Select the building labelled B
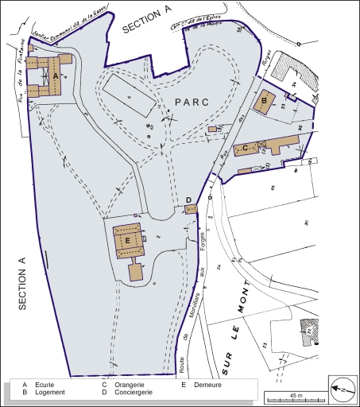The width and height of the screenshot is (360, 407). pyautogui.click(x=265, y=101)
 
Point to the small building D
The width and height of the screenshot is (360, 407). pyautogui.click(x=191, y=208)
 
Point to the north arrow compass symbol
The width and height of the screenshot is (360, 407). pyautogui.click(x=339, y=388)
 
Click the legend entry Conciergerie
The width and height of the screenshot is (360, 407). pyautogui.click(x=131, y=393)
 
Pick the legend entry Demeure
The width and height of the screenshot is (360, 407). pyautogui.click(x=207, y=385)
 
